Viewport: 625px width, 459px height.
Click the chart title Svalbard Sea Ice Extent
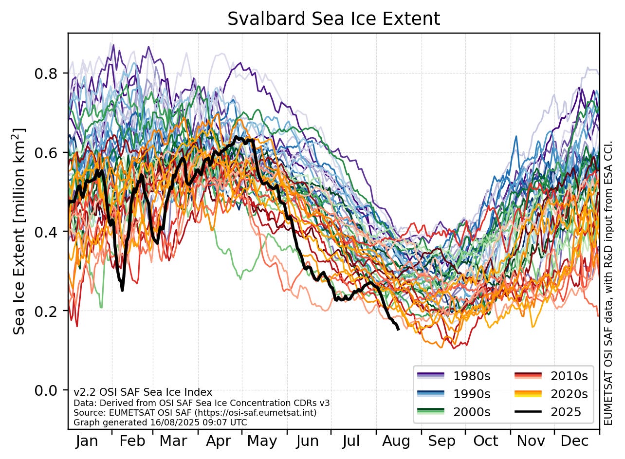(333, 18)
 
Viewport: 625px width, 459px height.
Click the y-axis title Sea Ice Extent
(19, 232)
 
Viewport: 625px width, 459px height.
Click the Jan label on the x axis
(88, 441)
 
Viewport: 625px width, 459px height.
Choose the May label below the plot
(262, 441)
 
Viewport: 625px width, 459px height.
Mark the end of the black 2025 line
(398, 330)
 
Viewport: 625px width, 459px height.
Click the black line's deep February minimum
(122, 290)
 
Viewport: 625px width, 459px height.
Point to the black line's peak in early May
(237, 138)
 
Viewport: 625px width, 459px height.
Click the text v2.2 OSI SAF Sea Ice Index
(143, 392)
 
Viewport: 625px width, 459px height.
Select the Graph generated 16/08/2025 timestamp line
(160, 422)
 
